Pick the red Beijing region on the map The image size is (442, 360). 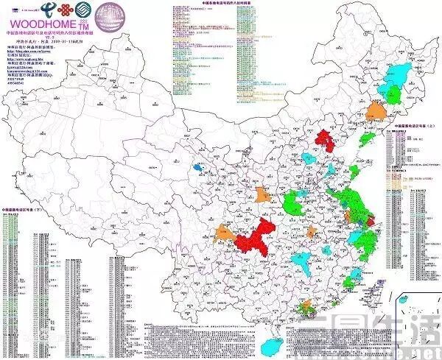tap(324, 139)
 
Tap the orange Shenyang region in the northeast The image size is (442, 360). tap(376, 110)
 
